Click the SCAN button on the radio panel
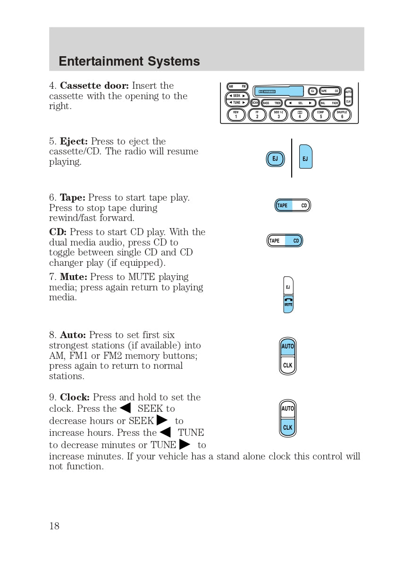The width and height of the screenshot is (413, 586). pyautogui.click(x=255, y=103)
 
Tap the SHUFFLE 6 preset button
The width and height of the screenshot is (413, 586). pyautogui.click(x=342, y=115)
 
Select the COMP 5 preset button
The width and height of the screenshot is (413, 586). pyautogui.click(x=321, y=115)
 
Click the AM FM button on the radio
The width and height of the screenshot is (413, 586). pyautogui.click(x=237, y=87)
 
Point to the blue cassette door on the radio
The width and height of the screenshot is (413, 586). pyautogui.click(x=278, y=91)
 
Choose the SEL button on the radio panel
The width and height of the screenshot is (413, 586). pyautogui.click(x=300, y=103)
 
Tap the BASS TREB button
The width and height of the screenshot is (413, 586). pyautogui.click(x=272, y=103)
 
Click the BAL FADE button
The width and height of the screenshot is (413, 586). pyautogui.click(x=329, y=103)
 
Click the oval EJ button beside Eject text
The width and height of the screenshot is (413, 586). pyautogui.click(x=275, y=159)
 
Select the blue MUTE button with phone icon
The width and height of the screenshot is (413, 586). pyautogui.click(x=288, y=303)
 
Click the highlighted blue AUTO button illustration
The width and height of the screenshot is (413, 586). pyautogui.click(x=288, y=347)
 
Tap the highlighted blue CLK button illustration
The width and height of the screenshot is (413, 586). pyautogui.click(x=288, y=427)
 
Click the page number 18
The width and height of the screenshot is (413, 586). pyautogui.click(x=54, y=526)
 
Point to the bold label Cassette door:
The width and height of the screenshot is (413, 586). pyautogui.click(x=94, y=86)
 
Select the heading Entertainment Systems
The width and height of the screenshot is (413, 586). pyautogui.click(x=129, y=61)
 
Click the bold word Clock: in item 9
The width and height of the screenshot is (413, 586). pyautogui.click(x=75, y=398)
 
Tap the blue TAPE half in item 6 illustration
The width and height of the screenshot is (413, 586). pyautogui.click(x=284, y=205)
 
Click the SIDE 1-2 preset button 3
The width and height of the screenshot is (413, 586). pyautogui.click(x=278, y=115)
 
